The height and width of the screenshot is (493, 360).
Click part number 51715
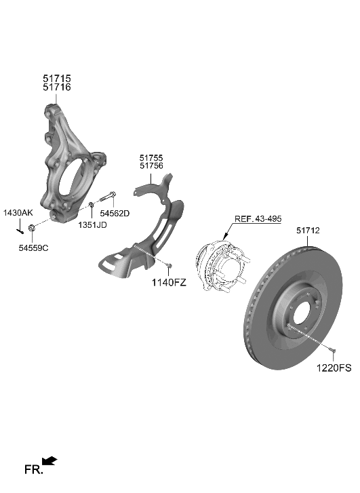(57, 79)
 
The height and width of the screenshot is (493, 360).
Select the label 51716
(57, 88)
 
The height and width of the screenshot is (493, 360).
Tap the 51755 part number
(151, 157)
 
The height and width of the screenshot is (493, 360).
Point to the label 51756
(151, 165)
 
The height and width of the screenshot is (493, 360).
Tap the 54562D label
(115, 213)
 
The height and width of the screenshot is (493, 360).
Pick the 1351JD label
(92, 224)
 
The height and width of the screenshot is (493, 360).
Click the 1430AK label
(18, 213)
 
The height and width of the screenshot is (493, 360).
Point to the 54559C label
(33, 248)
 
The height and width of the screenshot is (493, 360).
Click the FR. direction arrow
(50, 462)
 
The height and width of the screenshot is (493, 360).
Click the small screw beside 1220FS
(334, 350)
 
